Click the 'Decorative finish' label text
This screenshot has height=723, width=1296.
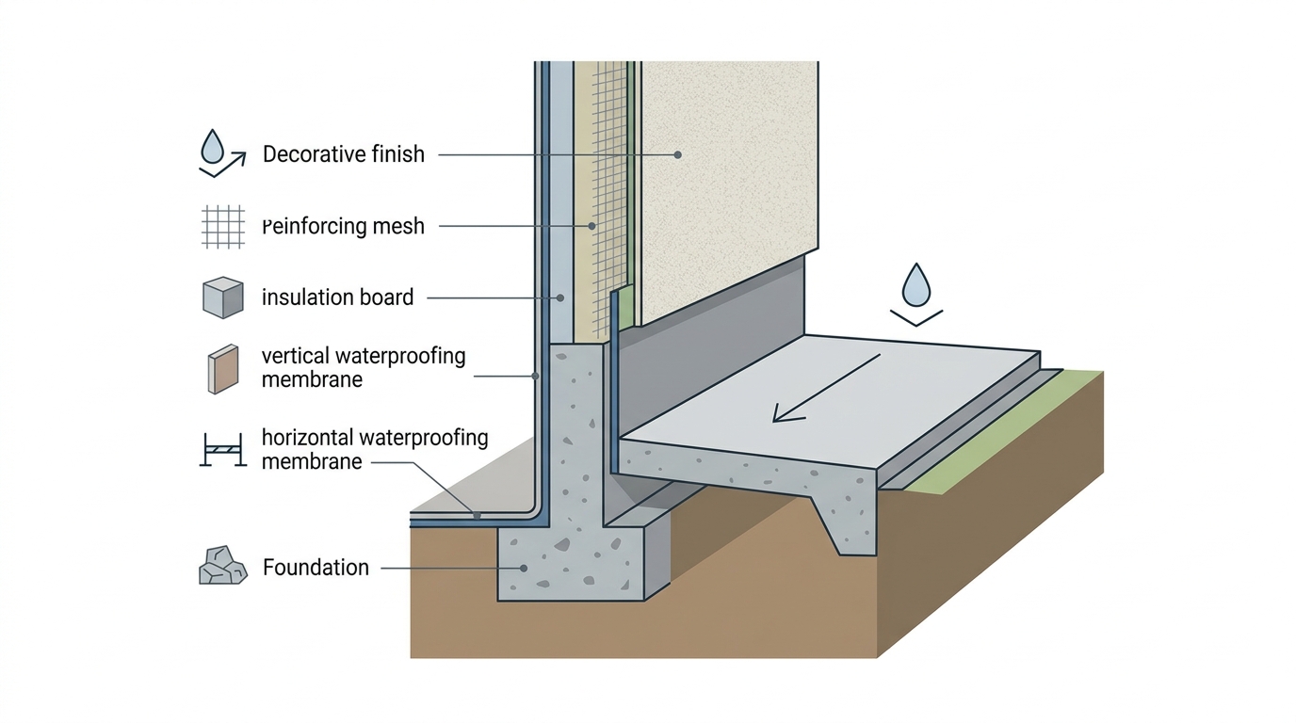point(344,154)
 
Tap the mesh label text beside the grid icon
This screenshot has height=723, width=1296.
point(344,226)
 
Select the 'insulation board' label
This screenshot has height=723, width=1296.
point(338,297)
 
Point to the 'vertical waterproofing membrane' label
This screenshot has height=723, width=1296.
point(364,367)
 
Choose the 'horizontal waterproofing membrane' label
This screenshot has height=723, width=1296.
point(375,449)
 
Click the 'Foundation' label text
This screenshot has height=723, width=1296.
point(316,568)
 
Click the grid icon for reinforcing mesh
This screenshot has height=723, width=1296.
point(223,227)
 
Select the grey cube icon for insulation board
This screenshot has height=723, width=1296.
point(223,297)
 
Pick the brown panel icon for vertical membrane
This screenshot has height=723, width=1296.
point(223,369)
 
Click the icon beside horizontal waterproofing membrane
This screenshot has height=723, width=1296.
point(223,450)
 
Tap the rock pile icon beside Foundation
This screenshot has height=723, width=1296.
point(223,565)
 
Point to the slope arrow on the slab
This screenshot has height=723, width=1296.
point(827,388)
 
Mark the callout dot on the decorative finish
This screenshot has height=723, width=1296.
point(677,155)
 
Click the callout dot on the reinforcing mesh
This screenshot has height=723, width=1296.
point(591,226)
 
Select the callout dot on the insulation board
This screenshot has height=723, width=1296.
point(560,297)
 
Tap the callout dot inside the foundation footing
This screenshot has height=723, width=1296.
point(524,569)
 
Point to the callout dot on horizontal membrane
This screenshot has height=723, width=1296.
point(477,515)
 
